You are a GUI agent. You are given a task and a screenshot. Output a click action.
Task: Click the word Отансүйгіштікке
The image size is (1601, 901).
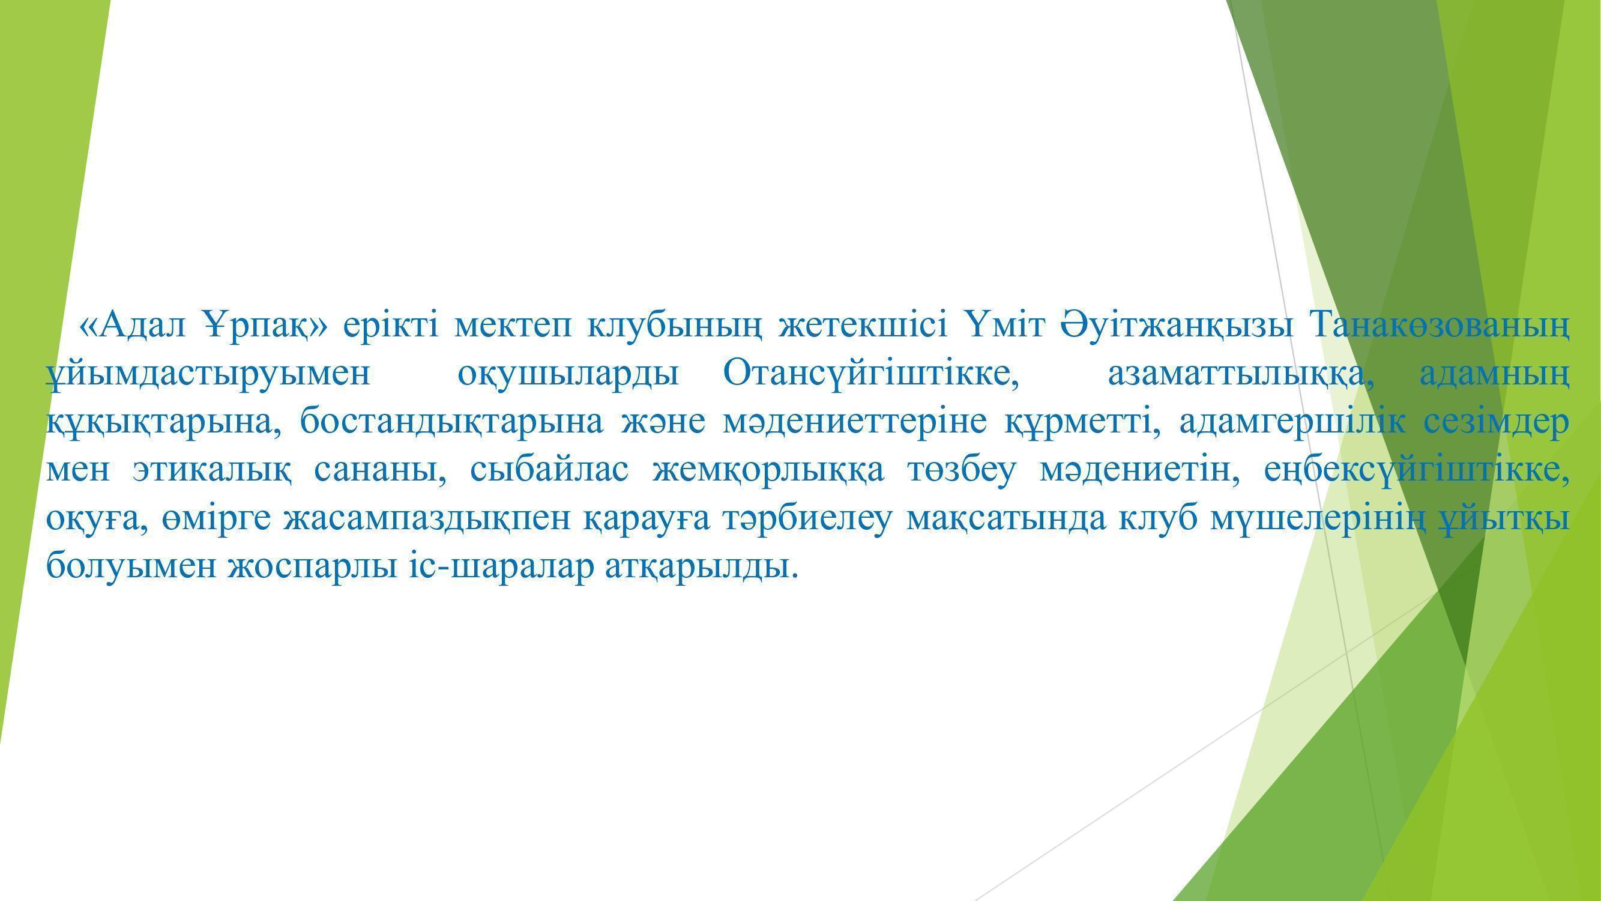872,373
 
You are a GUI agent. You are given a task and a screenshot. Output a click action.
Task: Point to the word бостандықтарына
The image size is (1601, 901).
452,422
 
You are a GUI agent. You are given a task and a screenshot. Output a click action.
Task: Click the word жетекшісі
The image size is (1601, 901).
863,324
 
